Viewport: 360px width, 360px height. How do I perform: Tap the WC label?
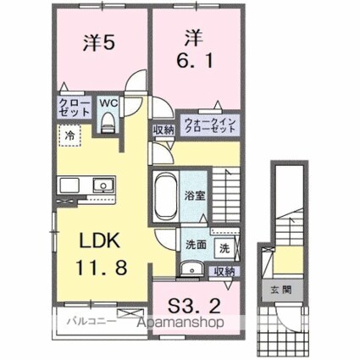(x=108, y=103)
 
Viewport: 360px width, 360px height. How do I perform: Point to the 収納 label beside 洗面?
(x=224, y=272)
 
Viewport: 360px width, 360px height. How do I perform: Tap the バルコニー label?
(x=85, y=321)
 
